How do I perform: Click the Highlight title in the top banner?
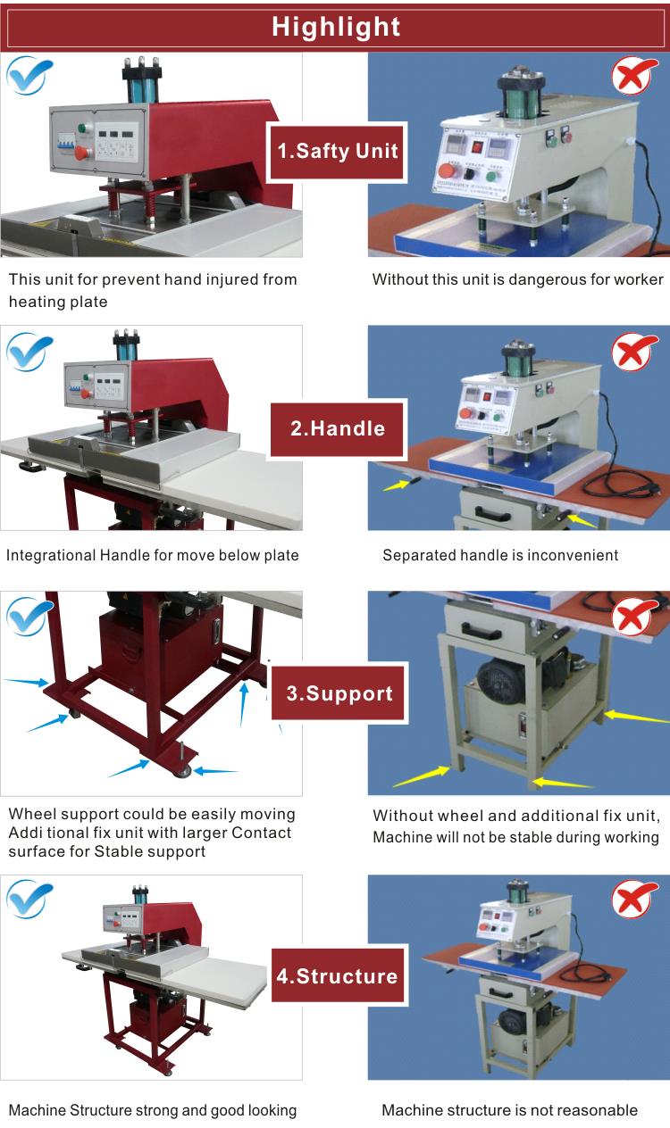click(x=336, y=27)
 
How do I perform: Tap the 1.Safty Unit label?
click(x=338, y=151)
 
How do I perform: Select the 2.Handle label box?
click(x=338, y=428)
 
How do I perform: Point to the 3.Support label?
click(x=339, y=693)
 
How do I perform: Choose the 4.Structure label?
click(x=338, y=975)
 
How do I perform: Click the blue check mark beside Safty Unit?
click(x=29, y=75)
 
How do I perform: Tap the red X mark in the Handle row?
click(x=634, y=351)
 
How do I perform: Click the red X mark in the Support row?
click(x=634, y=617)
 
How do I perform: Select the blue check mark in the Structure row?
click(x=29, y=900)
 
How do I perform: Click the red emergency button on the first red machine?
click(x=81, y=153)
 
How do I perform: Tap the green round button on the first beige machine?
click(x=491, y=177)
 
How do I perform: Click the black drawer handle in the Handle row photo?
click(x=491, y=514)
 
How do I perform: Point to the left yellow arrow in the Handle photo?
click(x=397, y=485)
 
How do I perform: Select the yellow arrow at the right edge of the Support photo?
click(x=636, y=717)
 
